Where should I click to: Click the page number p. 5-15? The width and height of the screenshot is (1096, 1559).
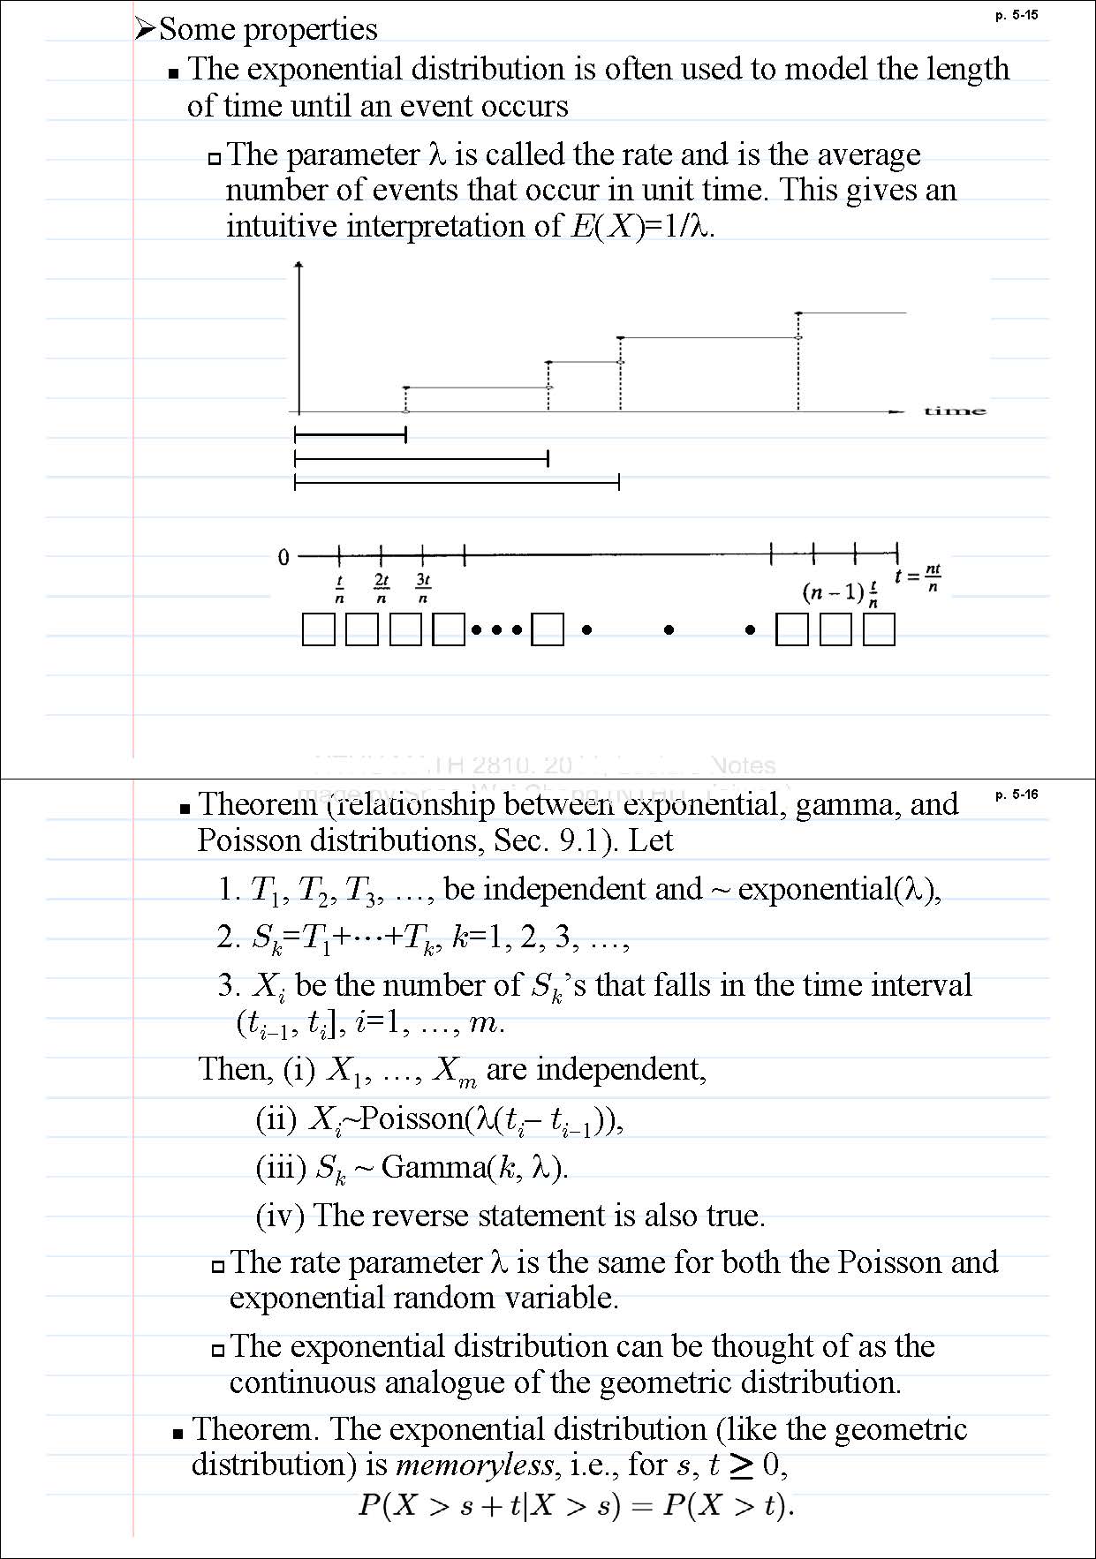pyautogui.click(x=1016, y=15)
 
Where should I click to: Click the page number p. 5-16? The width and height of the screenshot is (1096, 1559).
pyautogui.click(x=1016, y=795)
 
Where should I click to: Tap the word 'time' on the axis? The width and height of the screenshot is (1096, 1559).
pyautogui.click(x=955, y=410)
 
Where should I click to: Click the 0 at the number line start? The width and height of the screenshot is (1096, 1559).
pyautogui.click(x=283, y=557)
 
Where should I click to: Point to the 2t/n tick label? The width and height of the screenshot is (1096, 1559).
pyautogui.click(x=382, y=588)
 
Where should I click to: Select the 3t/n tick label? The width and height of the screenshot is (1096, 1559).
pyautogui.click(x=423, y=588)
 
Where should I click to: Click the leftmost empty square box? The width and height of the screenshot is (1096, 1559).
pyautogui.click(x=318, y=630)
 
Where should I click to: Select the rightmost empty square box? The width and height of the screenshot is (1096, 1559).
pyautogui.click(x=879, y=630)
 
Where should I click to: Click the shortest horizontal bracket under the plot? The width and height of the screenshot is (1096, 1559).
pyautogui.click(x=350, y=434)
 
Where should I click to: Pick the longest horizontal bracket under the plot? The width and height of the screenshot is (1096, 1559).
pyautogui.click(x=457, y=482)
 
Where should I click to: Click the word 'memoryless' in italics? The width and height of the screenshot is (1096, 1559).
pyautogui.click(x=474, y=1466)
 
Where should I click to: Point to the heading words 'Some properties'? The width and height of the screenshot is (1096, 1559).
pyautogui.click(x=268, y=29)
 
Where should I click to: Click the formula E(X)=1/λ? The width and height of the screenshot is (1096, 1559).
pyautogui.click(x=642, y=227)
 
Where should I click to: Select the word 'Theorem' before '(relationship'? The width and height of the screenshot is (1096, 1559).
pyautogui.click(x=257, y=804)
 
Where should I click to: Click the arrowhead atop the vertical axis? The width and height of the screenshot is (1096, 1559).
pyautogui.click(x=299, y=265)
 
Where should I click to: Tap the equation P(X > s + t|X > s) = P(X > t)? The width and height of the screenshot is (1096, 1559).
pyautogui.click(x=576, y=1505)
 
